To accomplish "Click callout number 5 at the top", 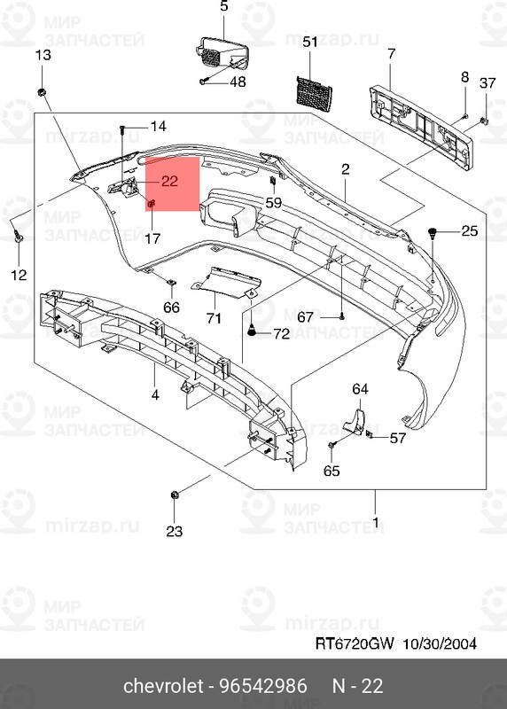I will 223,7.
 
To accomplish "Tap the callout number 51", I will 309,43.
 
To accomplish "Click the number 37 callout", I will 487,83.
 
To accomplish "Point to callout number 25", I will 469,231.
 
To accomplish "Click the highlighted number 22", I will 170,182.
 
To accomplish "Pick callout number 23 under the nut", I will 174,532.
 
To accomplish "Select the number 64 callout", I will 360,389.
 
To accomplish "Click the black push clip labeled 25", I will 433,235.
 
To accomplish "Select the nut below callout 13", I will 42,91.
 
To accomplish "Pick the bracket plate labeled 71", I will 222,281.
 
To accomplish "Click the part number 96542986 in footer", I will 263,686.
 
